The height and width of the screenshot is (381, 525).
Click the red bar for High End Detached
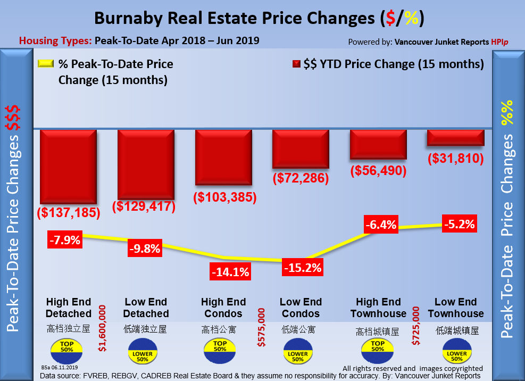click(x=68, y=165)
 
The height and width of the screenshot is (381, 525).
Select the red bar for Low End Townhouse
click(x=455, y=137)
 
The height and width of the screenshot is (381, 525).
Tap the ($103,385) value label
click(x=224, y=197)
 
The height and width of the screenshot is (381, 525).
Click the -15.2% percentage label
click(x=302, y=268)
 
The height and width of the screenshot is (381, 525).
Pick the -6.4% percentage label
click(x=380, y=225)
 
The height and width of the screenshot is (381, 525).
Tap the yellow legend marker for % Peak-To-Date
click(x=46, y=64)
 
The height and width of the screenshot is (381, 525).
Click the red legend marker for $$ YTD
click(x=296, y=64)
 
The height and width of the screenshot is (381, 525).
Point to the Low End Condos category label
click(x=301, y=308)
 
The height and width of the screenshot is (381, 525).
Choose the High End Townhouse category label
click(x=378, y=308)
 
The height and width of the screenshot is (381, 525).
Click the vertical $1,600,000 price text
click(x=102, y=328)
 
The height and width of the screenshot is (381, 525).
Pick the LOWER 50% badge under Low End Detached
click(x=143, y=354)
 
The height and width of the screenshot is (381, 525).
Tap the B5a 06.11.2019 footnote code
click(x=59, y=367)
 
